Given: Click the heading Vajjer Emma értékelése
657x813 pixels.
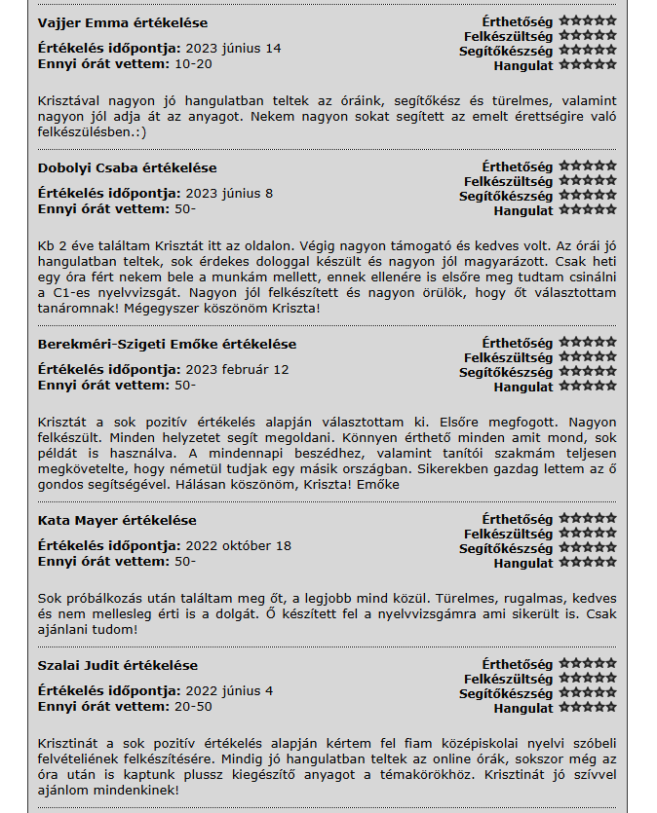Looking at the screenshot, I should coord(122,22).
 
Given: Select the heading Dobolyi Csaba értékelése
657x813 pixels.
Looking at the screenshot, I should coord(127,168).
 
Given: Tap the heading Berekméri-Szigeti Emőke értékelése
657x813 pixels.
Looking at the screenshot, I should coord(167,345).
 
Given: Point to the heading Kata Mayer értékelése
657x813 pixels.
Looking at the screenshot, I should coord(117,521).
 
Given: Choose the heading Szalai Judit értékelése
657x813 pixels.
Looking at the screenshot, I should coord(117,666).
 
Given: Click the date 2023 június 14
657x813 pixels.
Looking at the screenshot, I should coord(233,49).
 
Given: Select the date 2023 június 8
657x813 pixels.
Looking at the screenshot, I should coord(229,194).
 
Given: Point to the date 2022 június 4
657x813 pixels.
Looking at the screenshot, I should coord(229,691).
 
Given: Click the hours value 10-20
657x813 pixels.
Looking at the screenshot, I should coord(193,63).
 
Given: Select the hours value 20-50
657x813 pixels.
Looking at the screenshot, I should coord(193,706).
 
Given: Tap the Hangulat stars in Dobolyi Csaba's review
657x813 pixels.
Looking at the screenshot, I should coord(587,210).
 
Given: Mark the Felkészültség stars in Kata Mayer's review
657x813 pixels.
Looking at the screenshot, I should coord(587,534).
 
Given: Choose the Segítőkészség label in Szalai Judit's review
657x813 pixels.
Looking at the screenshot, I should coord(506,694).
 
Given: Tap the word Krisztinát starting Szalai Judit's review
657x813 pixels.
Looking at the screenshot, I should coord(69,745).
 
